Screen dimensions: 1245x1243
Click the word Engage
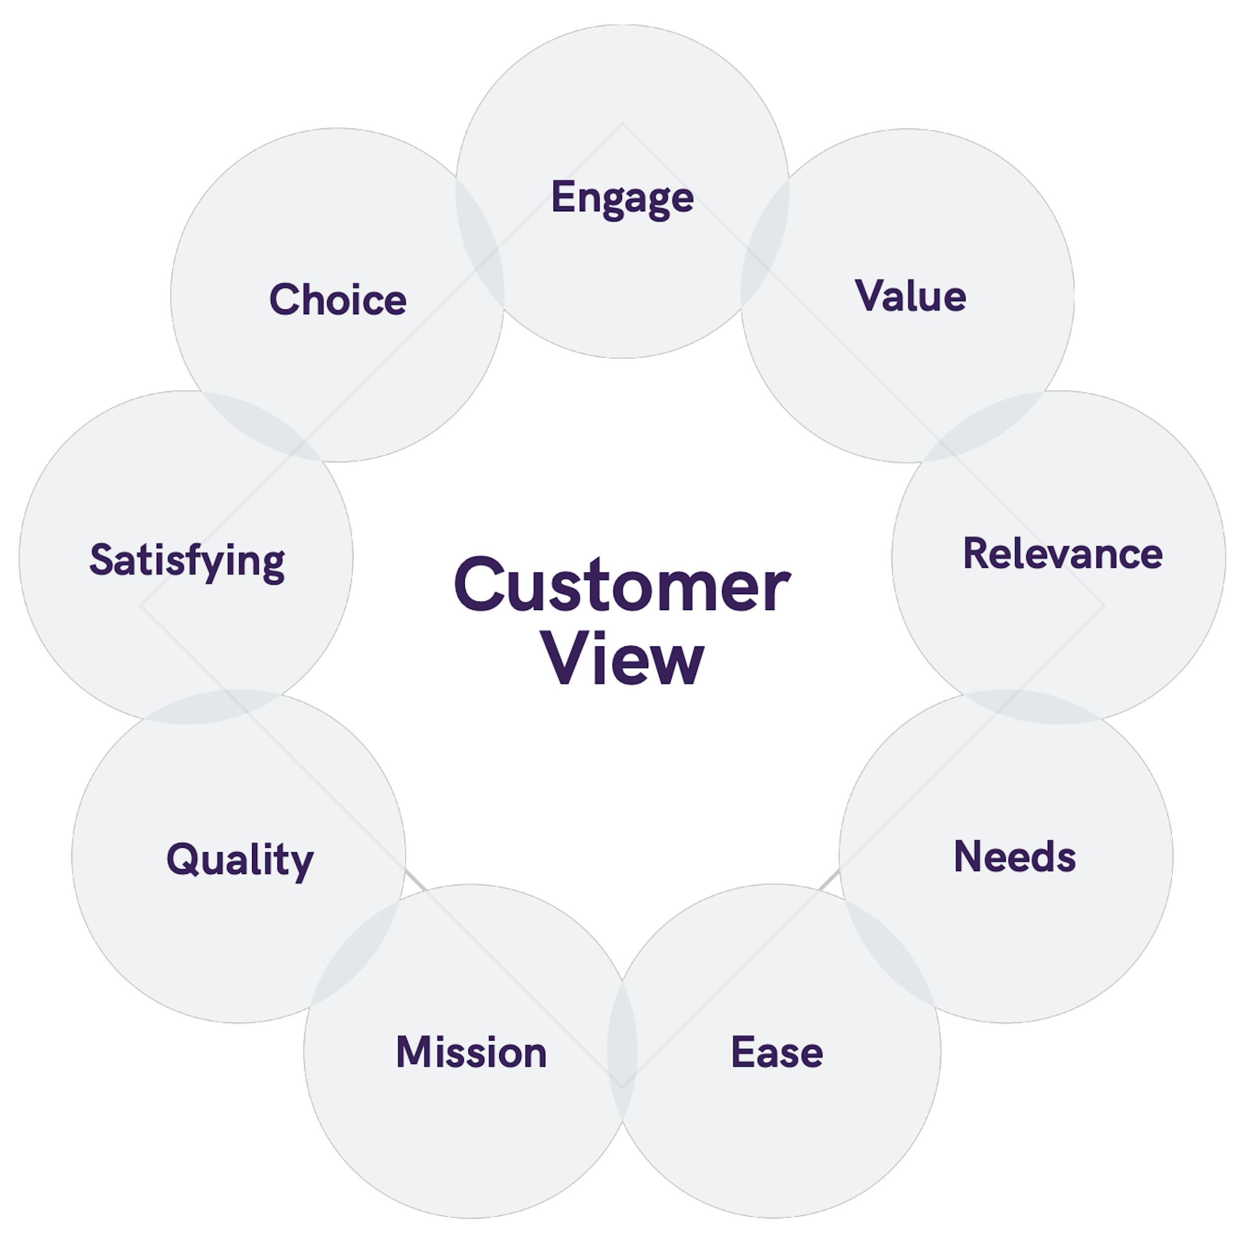coord(622,197)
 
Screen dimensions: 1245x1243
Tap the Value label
coord(910,296)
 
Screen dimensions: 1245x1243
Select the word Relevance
coord(1062,554)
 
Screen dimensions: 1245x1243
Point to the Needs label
coord(1014,857)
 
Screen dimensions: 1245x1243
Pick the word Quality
coord(240,860)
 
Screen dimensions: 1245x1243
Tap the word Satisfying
coord(187,561)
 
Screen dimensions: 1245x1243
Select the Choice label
coord(338,300)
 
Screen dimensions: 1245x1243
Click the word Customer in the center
coord(622,585)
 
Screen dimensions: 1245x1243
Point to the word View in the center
coord(622,659)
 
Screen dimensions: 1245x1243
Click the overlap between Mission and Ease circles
coord(622,1051)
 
